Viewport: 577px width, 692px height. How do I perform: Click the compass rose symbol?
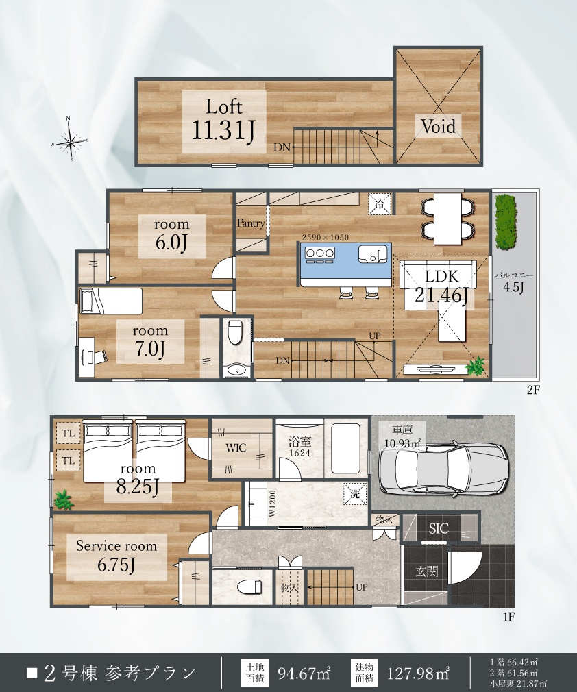click(x=69, y=140)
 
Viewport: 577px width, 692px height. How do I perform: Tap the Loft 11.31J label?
click(x=224, y=120)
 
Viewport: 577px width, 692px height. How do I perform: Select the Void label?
click(x=438, y=127)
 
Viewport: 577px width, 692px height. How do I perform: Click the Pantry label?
click(x=251, y=223)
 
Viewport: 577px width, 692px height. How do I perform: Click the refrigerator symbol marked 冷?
click(x=380, y=204)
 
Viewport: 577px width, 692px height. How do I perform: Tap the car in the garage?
click(x=443, y=468)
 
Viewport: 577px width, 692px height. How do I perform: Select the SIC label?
click(x=439, y=528)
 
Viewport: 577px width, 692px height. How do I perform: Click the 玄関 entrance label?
click(x=427, y=571)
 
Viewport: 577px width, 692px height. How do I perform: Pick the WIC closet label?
click(x=236, y=448)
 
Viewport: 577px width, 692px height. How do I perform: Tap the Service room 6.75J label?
click(x=116, y=556)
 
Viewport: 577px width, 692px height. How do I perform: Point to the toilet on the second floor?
click(x=235, y=332)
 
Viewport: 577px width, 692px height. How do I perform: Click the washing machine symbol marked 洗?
click(x=356, y=494)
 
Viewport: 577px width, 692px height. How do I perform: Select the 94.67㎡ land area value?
click(x=304, y=674)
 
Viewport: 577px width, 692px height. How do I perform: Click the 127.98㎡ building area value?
click(x=417, y=674)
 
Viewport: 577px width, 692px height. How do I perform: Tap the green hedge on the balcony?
click(x=506, y=222)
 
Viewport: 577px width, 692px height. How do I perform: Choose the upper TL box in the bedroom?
click(x=68, y=433)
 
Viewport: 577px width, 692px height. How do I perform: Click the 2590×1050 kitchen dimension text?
click(x=326, y=238)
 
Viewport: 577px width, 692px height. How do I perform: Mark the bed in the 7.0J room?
click(x=111, y=301)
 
